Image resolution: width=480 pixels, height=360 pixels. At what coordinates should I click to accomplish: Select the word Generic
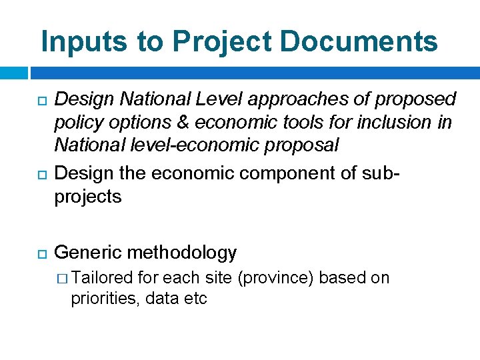(x=87, y=253)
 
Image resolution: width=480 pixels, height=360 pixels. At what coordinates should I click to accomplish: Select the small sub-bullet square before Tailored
(x=64, y=279)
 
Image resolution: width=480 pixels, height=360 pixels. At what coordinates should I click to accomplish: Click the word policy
(x=77, y=123)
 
